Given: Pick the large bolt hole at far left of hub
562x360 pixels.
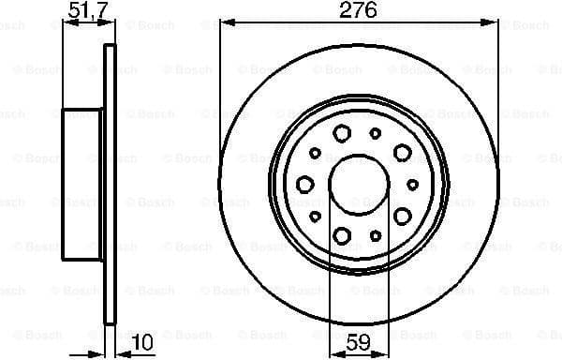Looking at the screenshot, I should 304,185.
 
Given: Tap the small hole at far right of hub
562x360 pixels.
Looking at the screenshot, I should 413,185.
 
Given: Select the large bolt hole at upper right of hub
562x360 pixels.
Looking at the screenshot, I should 403,152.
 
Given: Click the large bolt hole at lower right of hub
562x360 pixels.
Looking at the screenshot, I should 403,217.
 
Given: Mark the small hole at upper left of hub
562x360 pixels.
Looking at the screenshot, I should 316,152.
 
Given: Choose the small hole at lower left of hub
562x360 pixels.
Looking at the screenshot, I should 316,217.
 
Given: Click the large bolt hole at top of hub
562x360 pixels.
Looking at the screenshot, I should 342,132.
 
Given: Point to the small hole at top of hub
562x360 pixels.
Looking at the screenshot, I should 376,133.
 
